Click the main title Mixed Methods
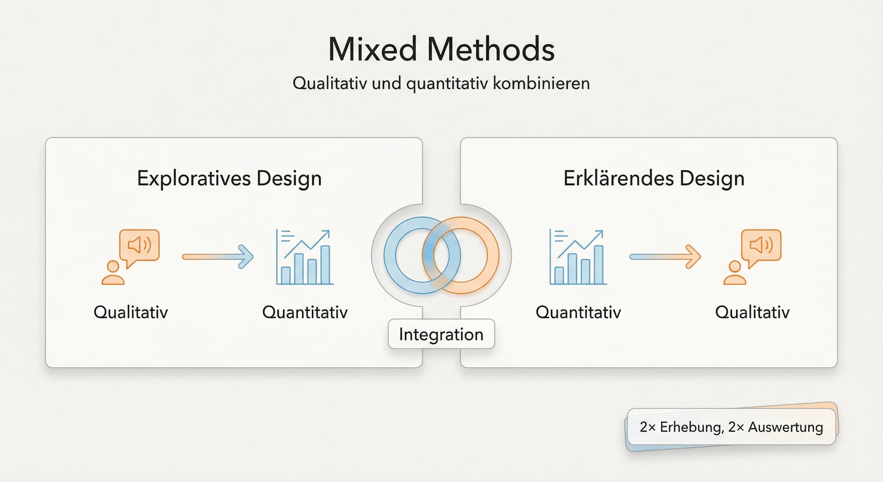click(x=441, y=49)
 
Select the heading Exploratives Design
click(x=229, y=178)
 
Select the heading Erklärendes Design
click(x=654, y=178)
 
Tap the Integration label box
click(x=441, y=334)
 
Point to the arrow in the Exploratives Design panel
click(x=218, y=256)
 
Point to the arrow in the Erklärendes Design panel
click(x=665, y=256)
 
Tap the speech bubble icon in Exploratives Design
click(x=139, y=246)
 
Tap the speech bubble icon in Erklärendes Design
click(x=761, y=246)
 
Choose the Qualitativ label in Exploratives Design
click(x=131, y=312)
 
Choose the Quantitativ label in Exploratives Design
click(x=304, y=312)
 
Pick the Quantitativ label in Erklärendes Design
click(x=578, y=312)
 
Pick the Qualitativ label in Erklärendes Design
click(x=752, y=312)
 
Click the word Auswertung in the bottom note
click(x=785, y=427)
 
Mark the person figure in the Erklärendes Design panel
click(x=734, y=273)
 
